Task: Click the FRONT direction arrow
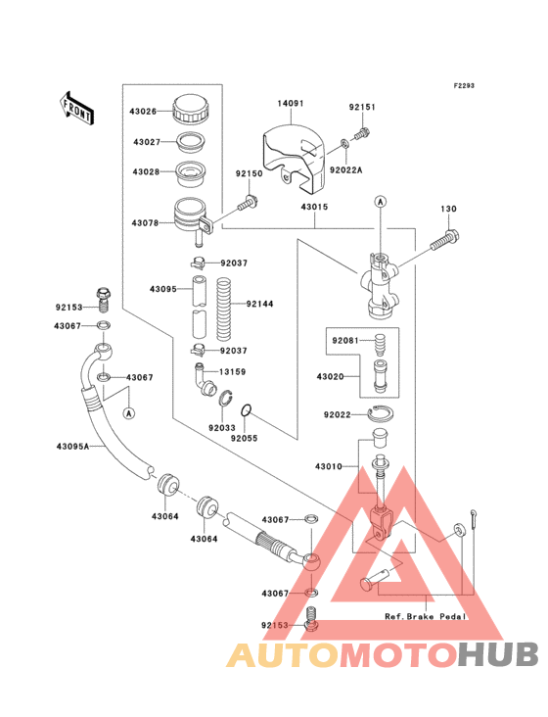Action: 76,108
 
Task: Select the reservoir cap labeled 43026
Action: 191,109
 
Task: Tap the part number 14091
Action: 291,104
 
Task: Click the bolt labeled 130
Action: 445,242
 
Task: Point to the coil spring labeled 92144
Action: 224,310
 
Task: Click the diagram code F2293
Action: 464,85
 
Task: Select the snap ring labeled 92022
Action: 382,413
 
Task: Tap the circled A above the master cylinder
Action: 381,201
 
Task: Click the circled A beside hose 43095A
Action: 129,413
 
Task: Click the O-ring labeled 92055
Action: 247,410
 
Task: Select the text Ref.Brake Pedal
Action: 426,616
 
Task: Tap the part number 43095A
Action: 73,447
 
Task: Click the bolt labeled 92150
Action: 249,203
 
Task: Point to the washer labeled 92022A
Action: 344,145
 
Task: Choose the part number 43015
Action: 314,207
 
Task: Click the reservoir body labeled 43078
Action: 192,217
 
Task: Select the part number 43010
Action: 329,466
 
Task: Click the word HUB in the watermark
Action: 498,654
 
